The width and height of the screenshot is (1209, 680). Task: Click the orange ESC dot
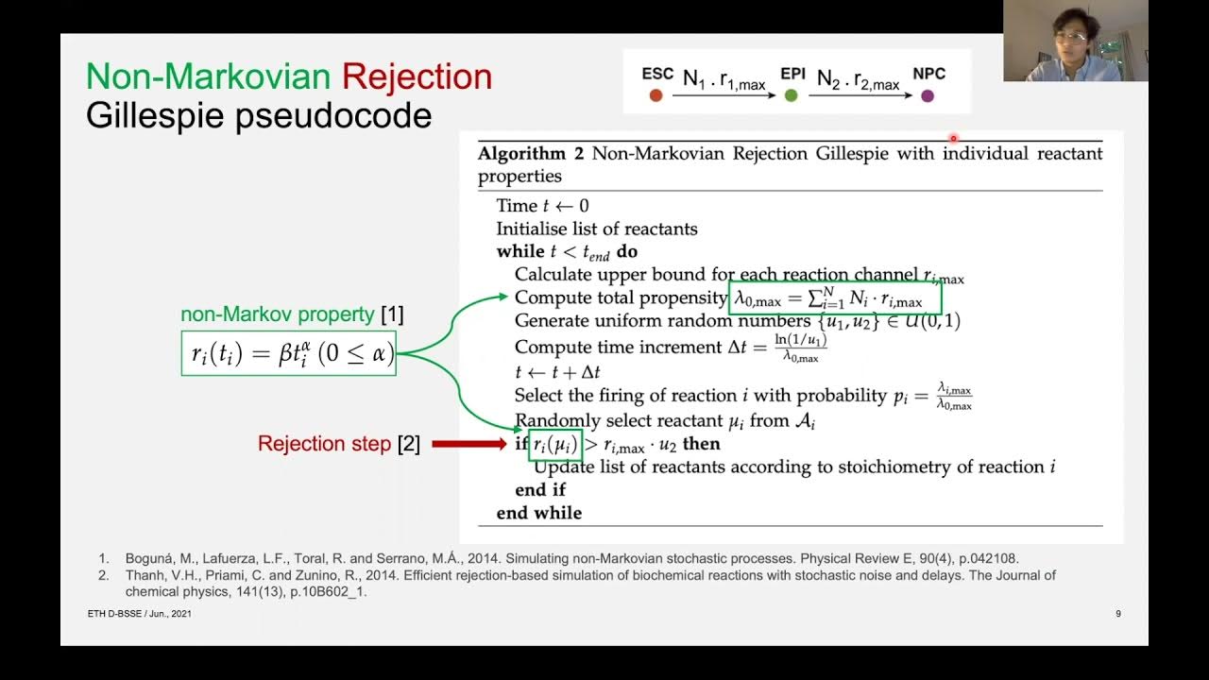pos(656,95)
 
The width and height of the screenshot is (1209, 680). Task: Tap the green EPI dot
pos(792,95)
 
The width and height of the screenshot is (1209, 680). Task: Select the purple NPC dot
pos(928,95)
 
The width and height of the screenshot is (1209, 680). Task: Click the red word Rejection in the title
pos(417,76)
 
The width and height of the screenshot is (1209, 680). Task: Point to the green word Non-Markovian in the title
pos(209,76)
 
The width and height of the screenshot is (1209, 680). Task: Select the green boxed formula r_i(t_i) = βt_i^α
pos(288,353)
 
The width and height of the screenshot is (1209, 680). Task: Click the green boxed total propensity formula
pos(837,299)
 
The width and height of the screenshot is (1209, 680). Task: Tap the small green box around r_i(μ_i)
pos(554,444)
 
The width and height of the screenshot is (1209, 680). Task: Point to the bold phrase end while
pos(538,513)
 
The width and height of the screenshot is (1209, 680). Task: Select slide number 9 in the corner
pos(1118,614)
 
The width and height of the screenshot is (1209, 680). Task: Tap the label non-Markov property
pos(279,314)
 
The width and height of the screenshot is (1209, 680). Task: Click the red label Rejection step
pos(324,444)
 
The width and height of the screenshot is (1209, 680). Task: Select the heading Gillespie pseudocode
pos(259,115)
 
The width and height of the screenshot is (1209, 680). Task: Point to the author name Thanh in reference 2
pos(145,575)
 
